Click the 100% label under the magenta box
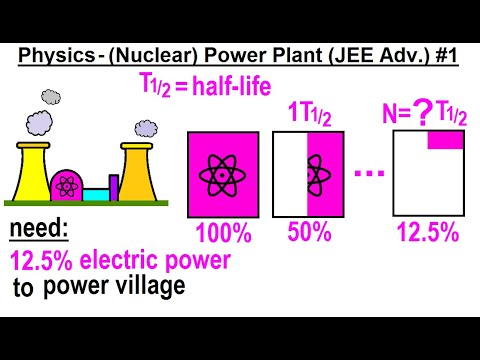226,233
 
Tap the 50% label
310,233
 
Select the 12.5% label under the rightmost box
426,233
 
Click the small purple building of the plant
113,187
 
